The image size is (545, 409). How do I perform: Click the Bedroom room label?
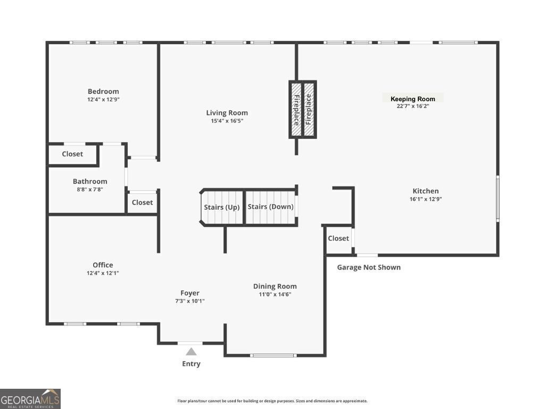click(103, 91)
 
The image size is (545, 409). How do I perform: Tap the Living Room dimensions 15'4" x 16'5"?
click(227, 121)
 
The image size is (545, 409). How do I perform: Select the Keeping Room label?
click(412, 99)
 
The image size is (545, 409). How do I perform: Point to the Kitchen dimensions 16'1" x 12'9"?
click(426, 199)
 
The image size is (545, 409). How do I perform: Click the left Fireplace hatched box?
click(296, 110)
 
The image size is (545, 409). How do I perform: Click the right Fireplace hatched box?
click(309, 110)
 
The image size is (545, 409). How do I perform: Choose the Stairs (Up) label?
click(222, 207)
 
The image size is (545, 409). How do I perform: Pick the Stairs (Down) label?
click(270, 207)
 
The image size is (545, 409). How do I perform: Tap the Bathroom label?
click(90, 181)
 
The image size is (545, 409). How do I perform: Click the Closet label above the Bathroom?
click(72, 154)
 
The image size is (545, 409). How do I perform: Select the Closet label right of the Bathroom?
click(142, 202)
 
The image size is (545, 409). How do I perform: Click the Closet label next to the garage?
click(338, 238)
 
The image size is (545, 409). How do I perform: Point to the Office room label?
click(103, 265)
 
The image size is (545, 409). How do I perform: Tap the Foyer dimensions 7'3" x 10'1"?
click(190, 301)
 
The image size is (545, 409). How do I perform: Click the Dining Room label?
click(275, 286)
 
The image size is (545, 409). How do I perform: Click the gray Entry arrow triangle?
click(191, 351)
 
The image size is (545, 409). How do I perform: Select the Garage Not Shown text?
click(369, 267)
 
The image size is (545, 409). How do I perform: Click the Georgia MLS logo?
click(30, 398)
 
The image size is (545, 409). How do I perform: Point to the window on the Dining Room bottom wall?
click(273, 355)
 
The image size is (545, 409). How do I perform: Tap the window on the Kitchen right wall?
click(498, 198)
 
